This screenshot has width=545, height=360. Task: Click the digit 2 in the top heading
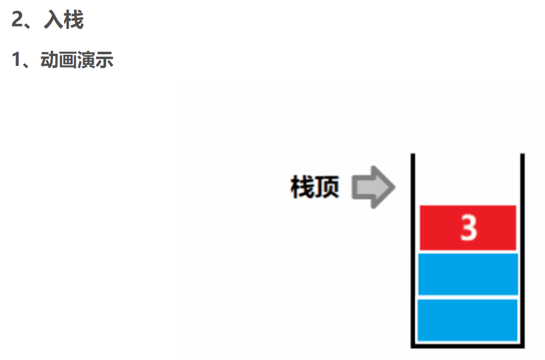[18, 21]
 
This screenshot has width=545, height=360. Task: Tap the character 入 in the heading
[53, 21]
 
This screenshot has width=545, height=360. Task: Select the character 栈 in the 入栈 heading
[74, 21]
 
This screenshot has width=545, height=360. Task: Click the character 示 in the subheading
[105, 60]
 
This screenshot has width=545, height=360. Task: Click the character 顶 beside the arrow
[327, 187]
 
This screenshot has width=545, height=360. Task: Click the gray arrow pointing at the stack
[372, 187]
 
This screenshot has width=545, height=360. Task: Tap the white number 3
[468, 228]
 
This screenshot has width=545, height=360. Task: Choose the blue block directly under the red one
[468, 274]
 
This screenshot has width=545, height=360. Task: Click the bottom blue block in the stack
[468, 320]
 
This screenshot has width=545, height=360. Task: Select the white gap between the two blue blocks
[468, 297]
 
